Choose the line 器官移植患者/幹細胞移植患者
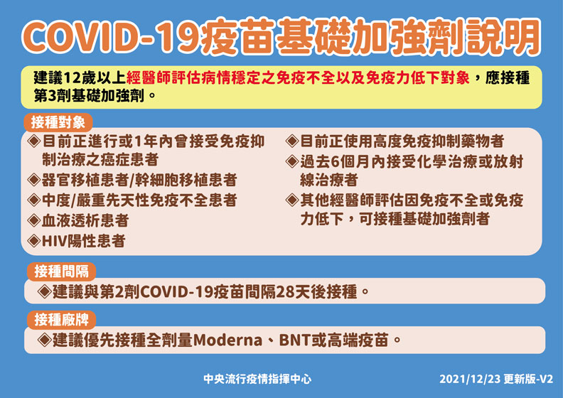[139, 179]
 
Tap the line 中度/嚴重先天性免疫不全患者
[139, 200]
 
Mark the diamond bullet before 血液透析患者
[34, 220]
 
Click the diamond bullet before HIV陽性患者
[34, 241]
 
